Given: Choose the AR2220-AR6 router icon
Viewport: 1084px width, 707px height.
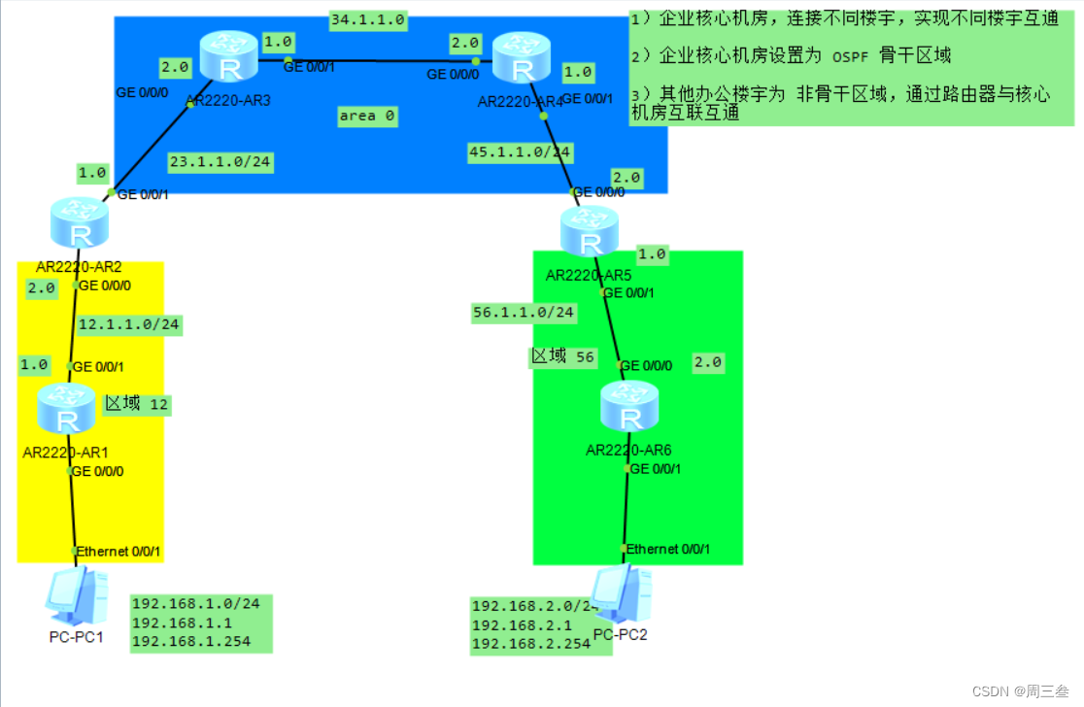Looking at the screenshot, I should [x=630, y=408].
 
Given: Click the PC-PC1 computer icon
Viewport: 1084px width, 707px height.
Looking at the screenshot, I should [x=76, y=597].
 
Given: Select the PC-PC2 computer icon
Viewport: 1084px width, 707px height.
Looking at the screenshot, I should [x=621, y=595].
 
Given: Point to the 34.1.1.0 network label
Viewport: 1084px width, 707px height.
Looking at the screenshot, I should [x=367, y=19].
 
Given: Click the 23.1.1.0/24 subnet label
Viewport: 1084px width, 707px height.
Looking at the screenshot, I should [x=219, y=161].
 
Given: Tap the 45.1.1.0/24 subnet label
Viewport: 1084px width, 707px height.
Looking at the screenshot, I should [x=520, y=152].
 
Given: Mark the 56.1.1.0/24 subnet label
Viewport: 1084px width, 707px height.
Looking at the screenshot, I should [x=524, y=313].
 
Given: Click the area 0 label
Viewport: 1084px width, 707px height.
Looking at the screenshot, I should [x=367, y=116].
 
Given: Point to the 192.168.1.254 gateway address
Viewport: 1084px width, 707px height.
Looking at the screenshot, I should [x=190, y=641].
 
